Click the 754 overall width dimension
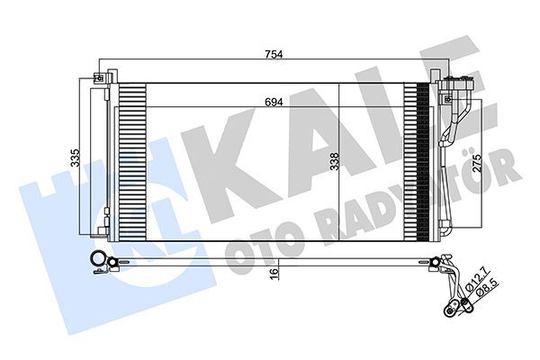274,55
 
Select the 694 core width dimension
274,102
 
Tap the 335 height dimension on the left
76,157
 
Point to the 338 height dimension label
334,162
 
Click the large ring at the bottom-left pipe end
96,261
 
